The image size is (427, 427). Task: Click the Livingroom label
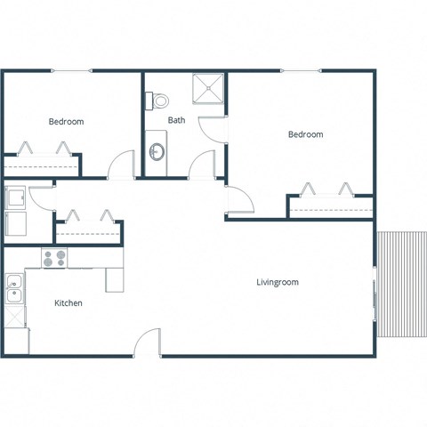coord(277,282)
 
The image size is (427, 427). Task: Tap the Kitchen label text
coord(68,303)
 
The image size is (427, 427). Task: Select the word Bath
coord(176,120)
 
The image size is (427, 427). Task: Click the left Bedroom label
coord(66,122)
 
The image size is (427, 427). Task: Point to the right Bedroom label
coord(305,134)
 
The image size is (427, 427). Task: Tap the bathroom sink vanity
coord(157,152)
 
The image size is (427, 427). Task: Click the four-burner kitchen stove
coord(54,258)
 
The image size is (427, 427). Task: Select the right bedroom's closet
coord(328,205)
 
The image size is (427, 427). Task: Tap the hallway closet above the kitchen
coord(87,230)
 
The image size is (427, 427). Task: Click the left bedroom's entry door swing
coord(120,165)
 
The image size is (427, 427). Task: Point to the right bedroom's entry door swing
coord(238,200)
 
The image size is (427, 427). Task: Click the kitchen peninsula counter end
coord(115,279)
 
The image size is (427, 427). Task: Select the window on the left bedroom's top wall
coord(71,70)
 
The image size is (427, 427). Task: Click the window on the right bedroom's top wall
coord(301,70)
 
